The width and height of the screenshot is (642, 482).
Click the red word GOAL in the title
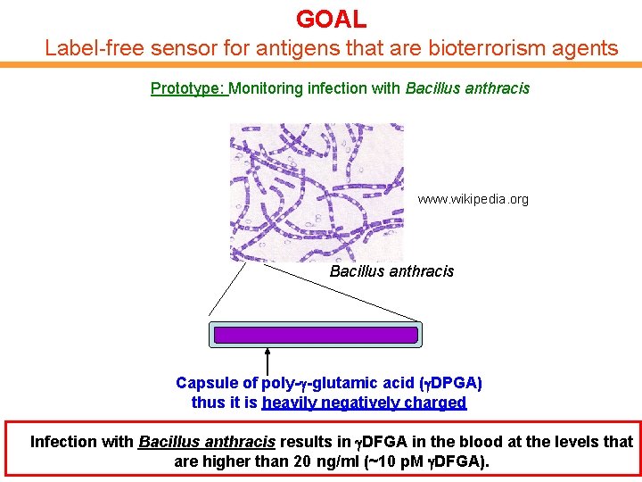point(331,19)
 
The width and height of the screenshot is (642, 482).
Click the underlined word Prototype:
point(189,88)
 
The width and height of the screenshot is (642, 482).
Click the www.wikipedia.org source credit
point(473,199)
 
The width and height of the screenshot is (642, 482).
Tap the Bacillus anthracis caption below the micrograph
point(391,271)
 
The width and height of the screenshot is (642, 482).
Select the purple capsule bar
point(314,335)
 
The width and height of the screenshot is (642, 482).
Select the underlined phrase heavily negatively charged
point(364,403)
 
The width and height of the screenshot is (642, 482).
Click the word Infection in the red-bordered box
point(63,442)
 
